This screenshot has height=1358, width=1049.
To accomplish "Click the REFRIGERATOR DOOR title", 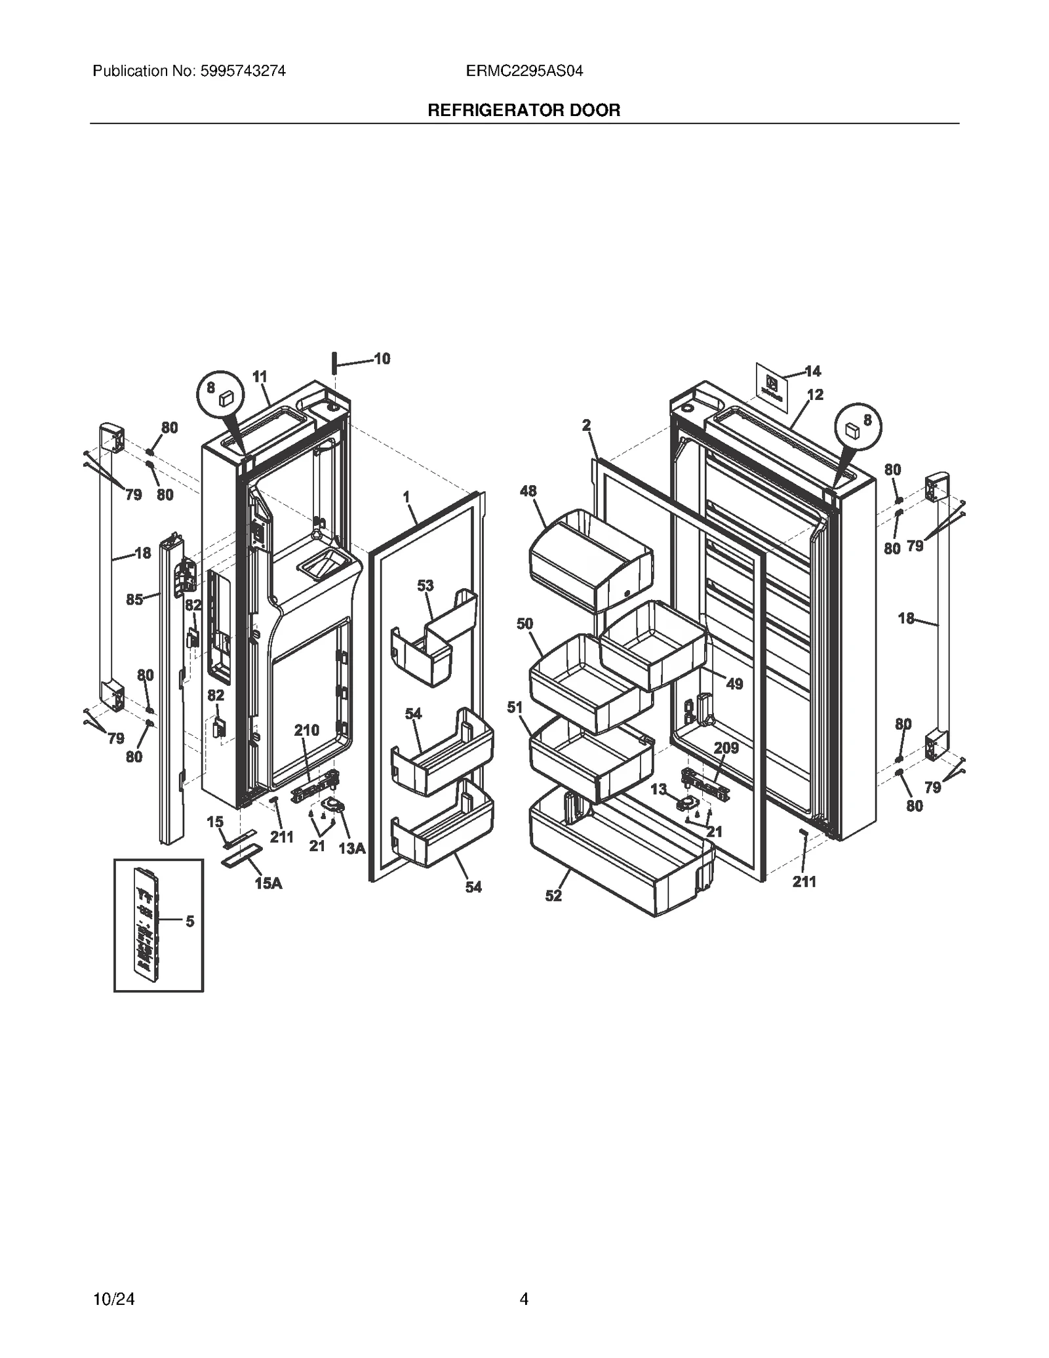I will click(524, 110).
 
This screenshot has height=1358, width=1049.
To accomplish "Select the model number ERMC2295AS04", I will click(524, 71).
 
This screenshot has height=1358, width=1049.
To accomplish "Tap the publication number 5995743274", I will click(240, 71).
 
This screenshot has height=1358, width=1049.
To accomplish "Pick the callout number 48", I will click(528, 491).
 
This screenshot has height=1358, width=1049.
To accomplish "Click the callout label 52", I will click(553, 896).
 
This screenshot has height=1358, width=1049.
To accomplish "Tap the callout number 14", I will click(813, 372).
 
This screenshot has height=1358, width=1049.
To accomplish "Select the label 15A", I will click(268, 884).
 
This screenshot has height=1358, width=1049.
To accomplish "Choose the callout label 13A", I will click(351, 849).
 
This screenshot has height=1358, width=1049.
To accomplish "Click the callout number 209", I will click(726, 748).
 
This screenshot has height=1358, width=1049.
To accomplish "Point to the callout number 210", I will click(306, 730).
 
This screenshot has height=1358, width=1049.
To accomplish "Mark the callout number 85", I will click(134, 599).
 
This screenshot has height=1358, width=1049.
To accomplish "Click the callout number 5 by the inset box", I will click(189, 921).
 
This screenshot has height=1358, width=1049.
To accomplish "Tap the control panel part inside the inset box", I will click(146, 920).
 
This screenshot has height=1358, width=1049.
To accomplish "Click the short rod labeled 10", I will click(334, 362).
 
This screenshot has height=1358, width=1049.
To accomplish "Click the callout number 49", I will click(734, 684).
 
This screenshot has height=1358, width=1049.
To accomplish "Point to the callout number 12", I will click(815, 395).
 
